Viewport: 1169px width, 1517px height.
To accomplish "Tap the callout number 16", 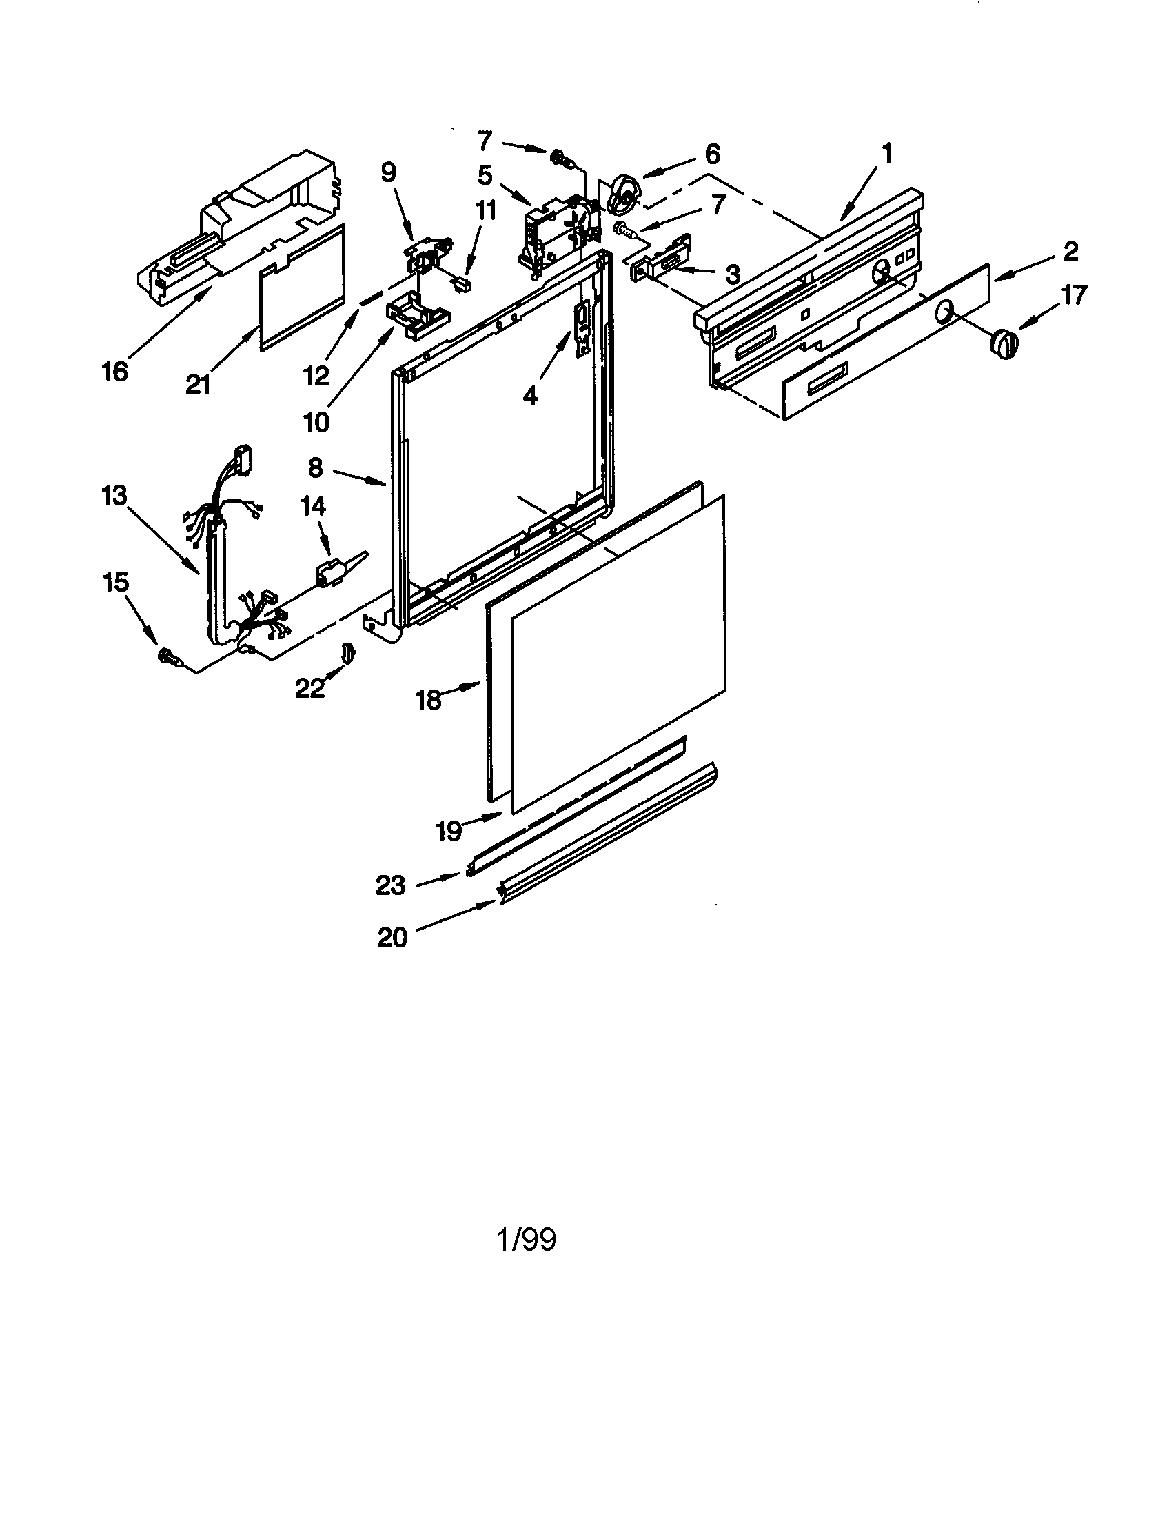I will (114, 372).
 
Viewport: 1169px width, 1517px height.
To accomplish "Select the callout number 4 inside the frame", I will (529, 396).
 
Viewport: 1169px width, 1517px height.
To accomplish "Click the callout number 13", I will (113, 496).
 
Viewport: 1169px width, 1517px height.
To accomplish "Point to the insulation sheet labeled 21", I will (302, 285).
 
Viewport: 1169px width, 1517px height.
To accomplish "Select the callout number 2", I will (1070, 252).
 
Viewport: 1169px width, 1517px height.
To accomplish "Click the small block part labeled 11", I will (462, 283).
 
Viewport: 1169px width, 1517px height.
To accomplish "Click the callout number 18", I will (428, 699).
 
